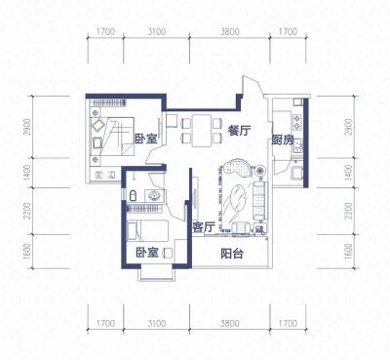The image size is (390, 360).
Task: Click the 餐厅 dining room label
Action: click(x=239, y=131)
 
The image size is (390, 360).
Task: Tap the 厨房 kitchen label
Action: click(x=283, y=140)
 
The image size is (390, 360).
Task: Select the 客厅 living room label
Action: click(x=204, y=227)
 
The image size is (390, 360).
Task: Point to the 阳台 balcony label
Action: click(x=232, y=254)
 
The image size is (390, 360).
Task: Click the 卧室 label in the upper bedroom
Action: click(x=146, y=139)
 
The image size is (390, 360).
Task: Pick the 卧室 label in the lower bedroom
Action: click(x=147, y=253)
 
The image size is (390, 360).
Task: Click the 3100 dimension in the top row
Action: click(x=157, y=32)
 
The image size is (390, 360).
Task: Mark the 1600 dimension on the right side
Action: click(x=348, y=252)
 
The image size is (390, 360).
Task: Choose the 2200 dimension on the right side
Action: click(x=348, y=211)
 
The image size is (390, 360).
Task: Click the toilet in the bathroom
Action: click(x=133, y=195)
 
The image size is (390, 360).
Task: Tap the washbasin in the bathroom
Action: click(x=154, y=196)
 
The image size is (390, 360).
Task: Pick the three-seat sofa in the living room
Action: click(x=259, y=201)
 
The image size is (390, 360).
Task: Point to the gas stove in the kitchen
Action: click(x=297, y=122)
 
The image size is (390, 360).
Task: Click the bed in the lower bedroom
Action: click(x=148, y=230)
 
